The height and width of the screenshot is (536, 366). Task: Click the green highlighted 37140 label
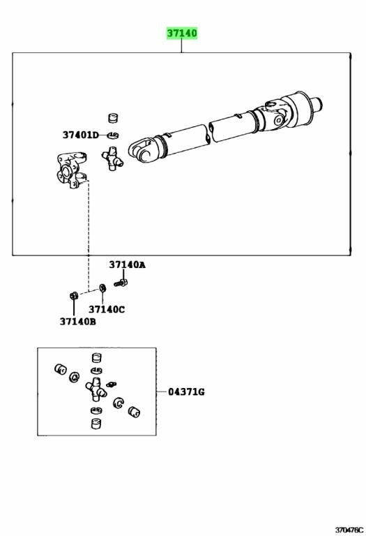(x=182, y=33)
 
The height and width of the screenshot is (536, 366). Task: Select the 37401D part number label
(x=80, y=135)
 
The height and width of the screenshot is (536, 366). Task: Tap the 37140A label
(x=128, y=265)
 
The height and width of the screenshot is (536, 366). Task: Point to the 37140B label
(x=78, y=321)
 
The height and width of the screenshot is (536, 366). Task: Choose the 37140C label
(x=107, y=309)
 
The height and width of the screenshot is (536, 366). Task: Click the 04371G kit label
(x=186, y=392)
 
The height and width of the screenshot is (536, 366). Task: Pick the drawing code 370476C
(x=349, y=530)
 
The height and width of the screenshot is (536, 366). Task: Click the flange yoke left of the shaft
(x=71, y=170)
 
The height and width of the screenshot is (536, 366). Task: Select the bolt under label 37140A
(x=121, y=283)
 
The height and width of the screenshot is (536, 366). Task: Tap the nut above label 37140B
(x=73, y=295)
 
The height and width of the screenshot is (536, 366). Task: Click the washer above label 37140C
(x=102, y=288)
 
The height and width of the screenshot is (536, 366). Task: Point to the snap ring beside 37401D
(x=113, y=135)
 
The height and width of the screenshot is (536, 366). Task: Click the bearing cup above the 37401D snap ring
(x=113, y=118)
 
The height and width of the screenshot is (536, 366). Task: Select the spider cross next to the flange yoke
(x=112, y=158)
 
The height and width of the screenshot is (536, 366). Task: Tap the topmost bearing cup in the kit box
(x=97, y=357)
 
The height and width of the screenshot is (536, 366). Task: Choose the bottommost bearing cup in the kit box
(x=97, y=423)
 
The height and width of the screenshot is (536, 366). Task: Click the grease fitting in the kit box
(x=112, y=385)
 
